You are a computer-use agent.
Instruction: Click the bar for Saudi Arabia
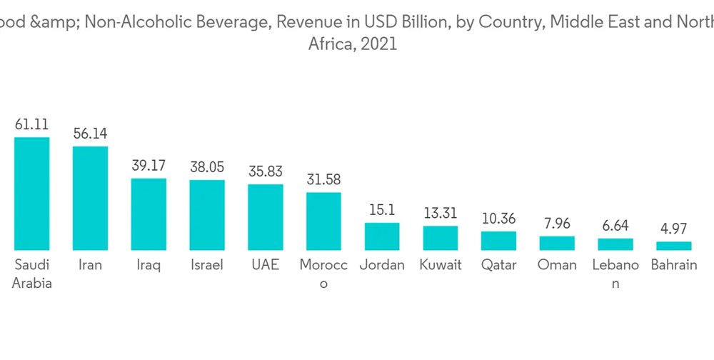point(32,193)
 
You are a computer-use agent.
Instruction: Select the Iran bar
point(90,198)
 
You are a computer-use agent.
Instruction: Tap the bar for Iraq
point(149,214)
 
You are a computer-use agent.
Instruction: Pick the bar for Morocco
point(323,221)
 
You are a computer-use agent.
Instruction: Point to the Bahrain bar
point(674,246)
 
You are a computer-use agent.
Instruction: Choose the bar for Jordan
point(382,236)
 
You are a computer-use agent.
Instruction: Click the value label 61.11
point(32,124)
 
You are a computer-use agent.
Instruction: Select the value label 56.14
point(90,134)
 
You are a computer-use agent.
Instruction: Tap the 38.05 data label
point(207,167)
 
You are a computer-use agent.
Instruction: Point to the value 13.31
point(441,214)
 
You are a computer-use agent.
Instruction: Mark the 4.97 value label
point(674,229)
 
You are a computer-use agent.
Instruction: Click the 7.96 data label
point(557,224)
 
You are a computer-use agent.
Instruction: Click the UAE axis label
point(266,265)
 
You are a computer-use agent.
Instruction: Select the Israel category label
point(207,265)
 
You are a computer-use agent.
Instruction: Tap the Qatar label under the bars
point(498,265)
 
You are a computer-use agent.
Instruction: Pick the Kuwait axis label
point(441,265)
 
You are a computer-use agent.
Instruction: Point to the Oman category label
point(557,265)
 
